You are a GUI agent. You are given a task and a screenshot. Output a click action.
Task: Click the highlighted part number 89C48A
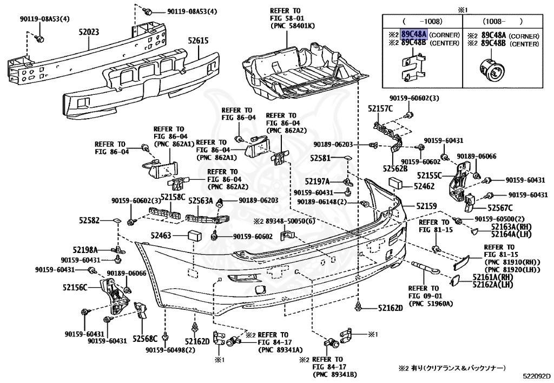[x=413, y=34]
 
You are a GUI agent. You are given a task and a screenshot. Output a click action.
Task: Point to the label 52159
[x=426, y=206]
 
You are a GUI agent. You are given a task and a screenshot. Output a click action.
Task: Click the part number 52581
[x=320, y=158]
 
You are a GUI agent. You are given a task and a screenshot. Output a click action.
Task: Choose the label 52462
[x=424, y=186]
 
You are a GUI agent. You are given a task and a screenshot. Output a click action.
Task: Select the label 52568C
[x=145, y=339]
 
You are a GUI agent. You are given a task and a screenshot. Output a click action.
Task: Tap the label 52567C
[x=500, y=207]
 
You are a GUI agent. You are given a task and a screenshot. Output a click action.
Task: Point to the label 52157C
[x=380, y=109]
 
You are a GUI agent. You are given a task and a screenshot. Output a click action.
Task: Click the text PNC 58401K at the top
[x=289, y=25]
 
